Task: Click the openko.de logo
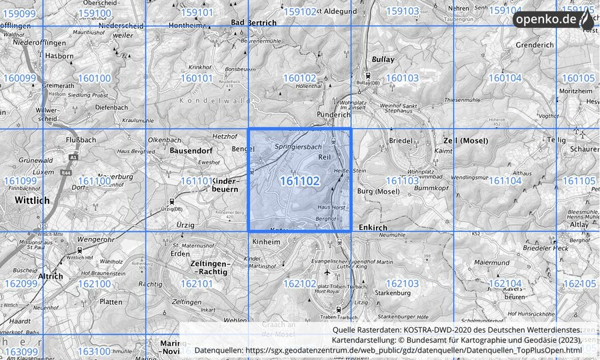click(x=553, y=19)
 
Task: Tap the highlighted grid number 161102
click(x=299, y=181)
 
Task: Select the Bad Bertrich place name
click(x=253, y=23)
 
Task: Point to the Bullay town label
click(x=383, y=59)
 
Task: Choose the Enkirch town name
click(x=373, y=228)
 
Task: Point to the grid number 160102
click(x=299, y=78)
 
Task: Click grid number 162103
click(x=402, y=283)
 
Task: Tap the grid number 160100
click(x=94, y=78)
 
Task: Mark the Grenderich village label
click(x=535, y=45)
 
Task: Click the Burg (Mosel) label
click(x=378, y=192)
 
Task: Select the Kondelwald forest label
click(x=215, y=100)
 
